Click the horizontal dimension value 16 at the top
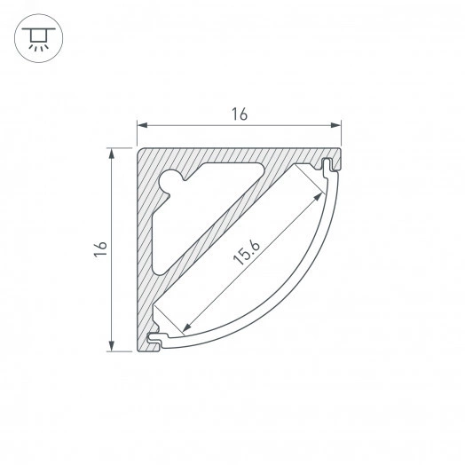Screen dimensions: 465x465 (240, 114)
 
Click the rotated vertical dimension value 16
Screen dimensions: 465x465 (100, 248)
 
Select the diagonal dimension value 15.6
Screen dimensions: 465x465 (247, 252)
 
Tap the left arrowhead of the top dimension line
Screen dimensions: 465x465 (142, 125)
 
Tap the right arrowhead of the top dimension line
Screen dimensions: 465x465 (335, 125)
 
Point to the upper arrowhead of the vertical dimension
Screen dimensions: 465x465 (112, 154)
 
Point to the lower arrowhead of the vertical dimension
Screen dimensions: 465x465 (112, 346)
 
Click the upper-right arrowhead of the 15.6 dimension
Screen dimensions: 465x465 (318, 197)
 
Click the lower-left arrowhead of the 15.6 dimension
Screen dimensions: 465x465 (186, 327)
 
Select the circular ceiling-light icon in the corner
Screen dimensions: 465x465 (38, 38)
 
